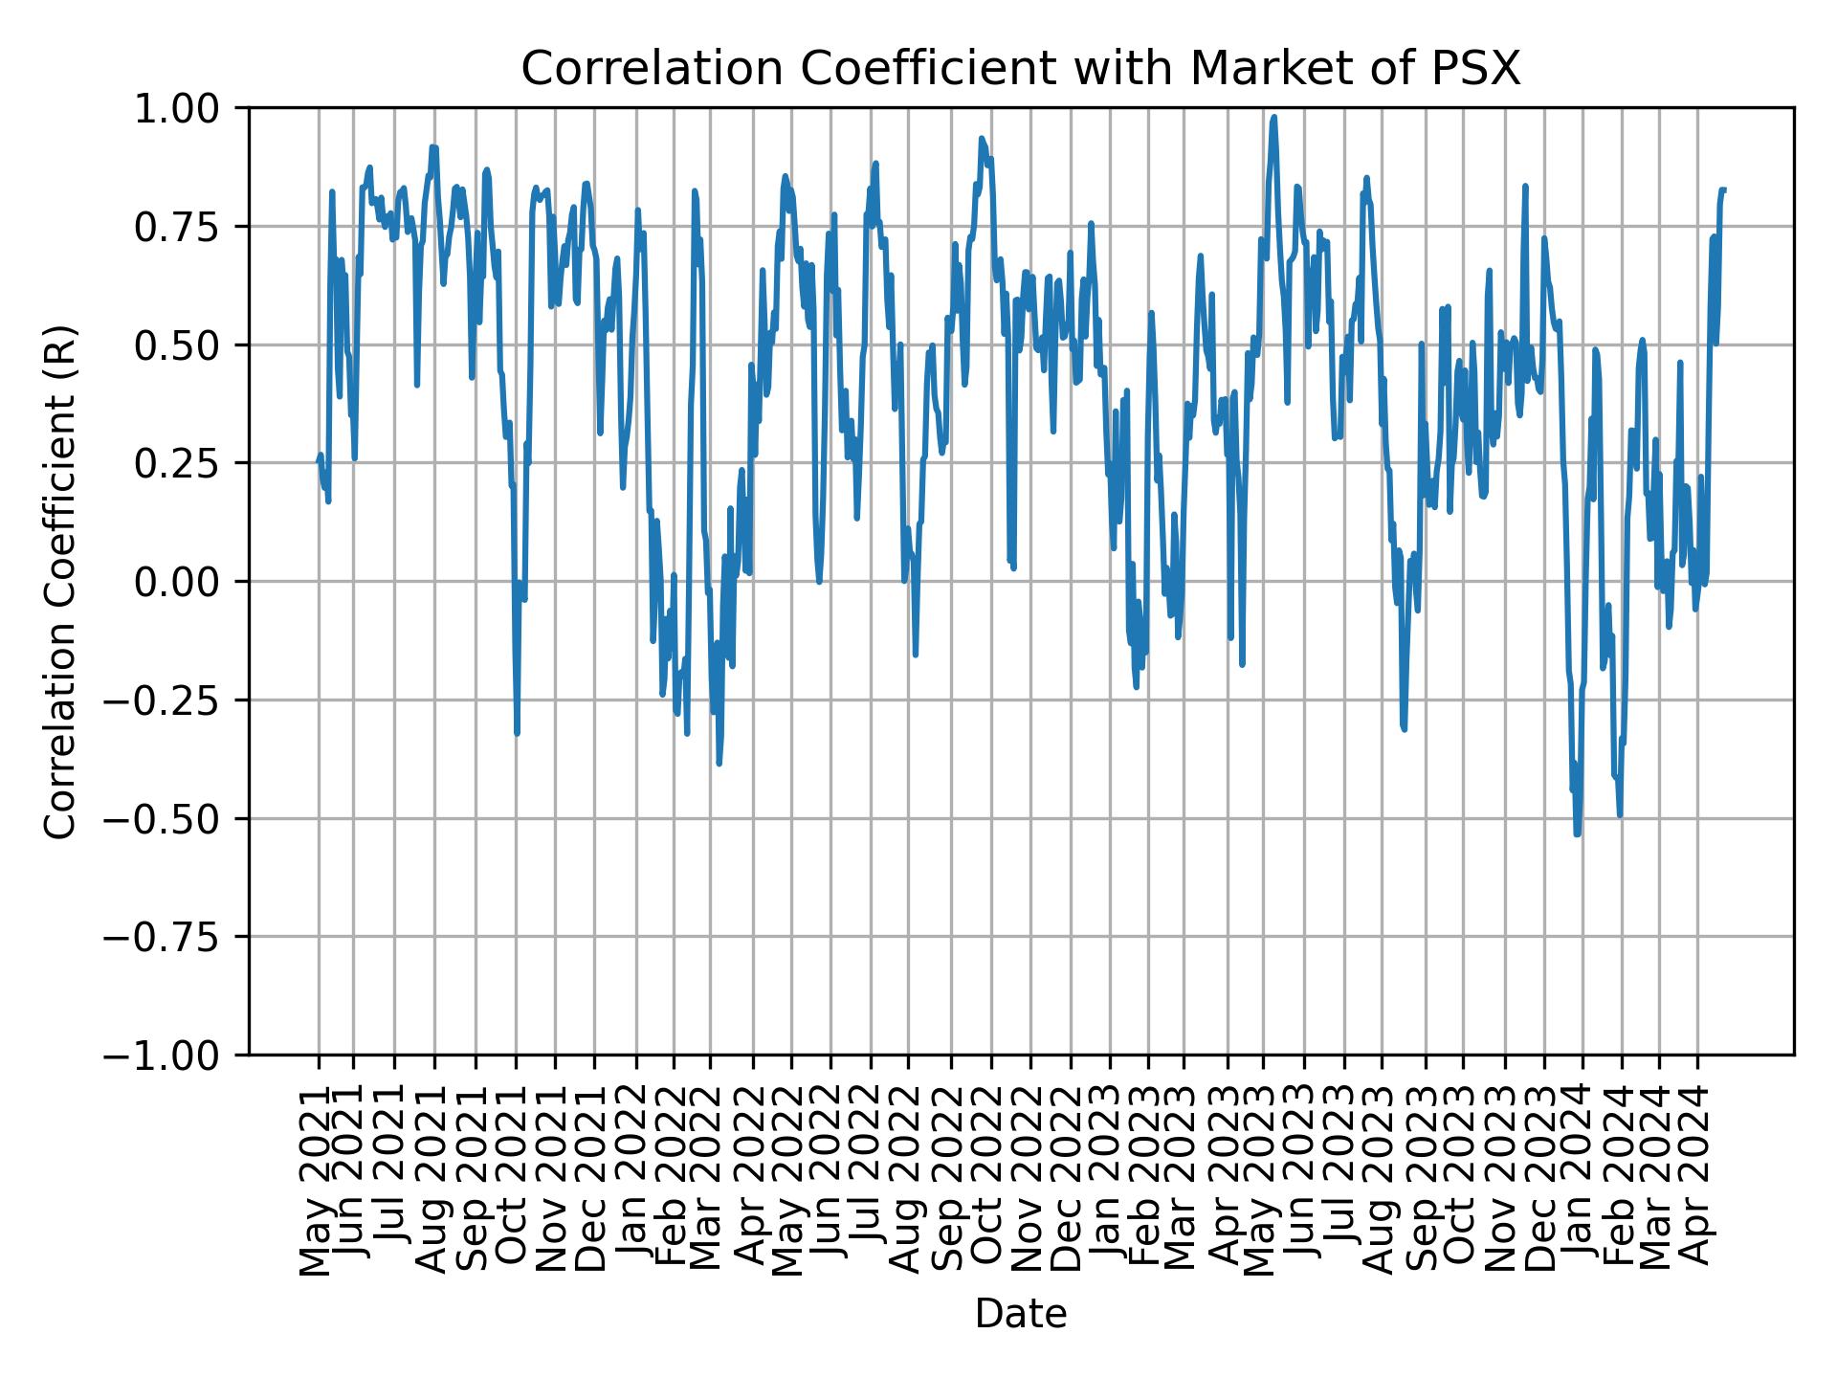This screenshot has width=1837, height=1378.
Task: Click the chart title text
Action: (x=1020, y=70)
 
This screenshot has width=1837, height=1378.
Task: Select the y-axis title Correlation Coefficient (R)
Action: (x=59, y=581)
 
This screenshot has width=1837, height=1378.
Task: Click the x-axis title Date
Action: (x=1020, y=1314)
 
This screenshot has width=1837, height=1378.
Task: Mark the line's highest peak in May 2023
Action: (x=1273, y=118)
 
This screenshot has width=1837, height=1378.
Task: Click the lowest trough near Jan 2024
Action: (x=1577, y=833)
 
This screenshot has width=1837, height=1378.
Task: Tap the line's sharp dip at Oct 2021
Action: (x=517, y=733)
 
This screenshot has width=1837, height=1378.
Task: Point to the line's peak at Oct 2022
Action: (x=982, y=139)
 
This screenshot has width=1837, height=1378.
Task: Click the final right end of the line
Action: (x=1724, y=189)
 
